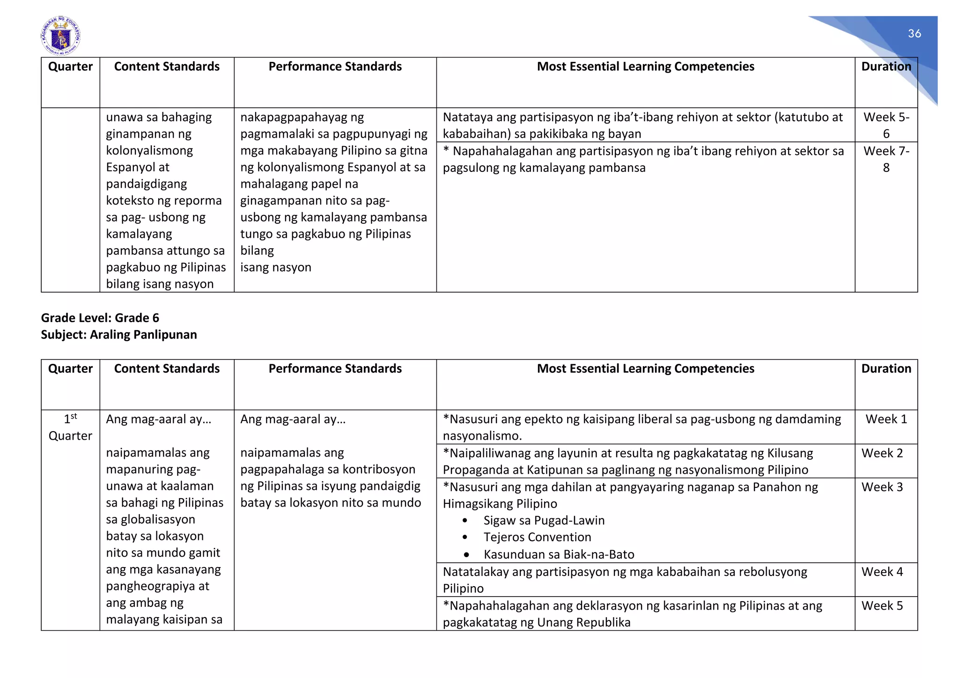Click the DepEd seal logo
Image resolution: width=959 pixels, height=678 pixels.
(x=60, y=36)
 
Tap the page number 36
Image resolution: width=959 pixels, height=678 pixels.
(x=914, y=34)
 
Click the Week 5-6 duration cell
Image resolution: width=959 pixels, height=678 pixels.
(x=886, y=125)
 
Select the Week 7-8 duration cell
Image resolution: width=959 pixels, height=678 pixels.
(x=886, y=159)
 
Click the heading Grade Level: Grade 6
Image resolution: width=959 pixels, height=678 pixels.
(x=100, y=318)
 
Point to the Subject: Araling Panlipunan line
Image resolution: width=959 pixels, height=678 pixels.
(x=119, y=335)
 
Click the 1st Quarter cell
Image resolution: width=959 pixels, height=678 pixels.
(x=70, y=427)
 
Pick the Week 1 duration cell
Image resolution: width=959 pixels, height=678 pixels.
(x=886, y=419)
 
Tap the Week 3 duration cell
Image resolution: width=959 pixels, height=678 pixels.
(x=882, y=487)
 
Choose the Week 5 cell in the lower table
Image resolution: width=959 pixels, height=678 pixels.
(x=882, y=605)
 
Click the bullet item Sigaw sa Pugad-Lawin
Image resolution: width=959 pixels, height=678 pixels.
(x=544, y=520)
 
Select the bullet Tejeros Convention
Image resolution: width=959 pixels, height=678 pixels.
(x=537, y=537)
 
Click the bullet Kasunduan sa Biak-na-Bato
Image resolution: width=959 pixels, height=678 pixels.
(x=559, y=554)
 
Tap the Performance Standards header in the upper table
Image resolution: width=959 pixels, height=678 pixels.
(x=335, y=66)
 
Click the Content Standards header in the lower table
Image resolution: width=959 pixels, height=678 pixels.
(x=167, y=368)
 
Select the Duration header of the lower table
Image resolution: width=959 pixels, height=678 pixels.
(x=886, y=368)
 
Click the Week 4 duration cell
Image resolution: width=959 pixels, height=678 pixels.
(x=882, y=572)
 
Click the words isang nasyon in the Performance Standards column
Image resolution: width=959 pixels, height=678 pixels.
(x=275, y=267)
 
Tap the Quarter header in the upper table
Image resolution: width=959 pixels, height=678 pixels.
(x=70, y=66)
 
